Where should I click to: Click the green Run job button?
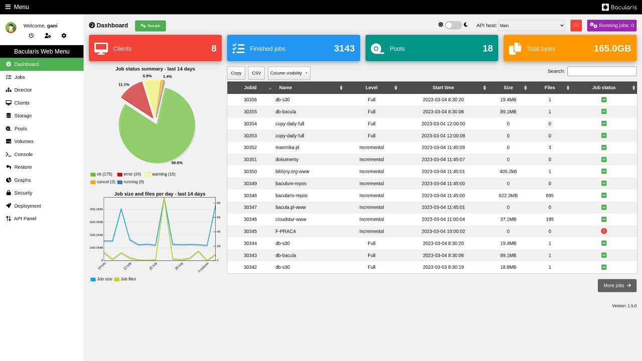[x=150, y=26]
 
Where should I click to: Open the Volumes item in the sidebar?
[x=24, y=141]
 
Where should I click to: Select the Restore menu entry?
[x=23, y=167]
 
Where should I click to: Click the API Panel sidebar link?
[x=25, y=219]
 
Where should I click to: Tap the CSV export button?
[x=256, y=73]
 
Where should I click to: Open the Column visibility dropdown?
[x=289, y=73]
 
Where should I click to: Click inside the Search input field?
[x=601, y=71]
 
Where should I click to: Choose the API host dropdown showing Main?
[x=531, y=26]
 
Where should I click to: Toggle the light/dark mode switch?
[x=453, y=25]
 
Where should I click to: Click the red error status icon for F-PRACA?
[x=604, y=231]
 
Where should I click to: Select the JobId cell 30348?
[x=250, y=196]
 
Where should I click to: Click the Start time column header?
[x=443, y=88]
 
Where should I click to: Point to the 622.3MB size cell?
[x=508, y=196]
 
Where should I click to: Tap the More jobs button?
[x=617, y=286]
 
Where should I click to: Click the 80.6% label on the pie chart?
[x=177, y=163]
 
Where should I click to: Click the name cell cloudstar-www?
[x=291, y=219]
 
